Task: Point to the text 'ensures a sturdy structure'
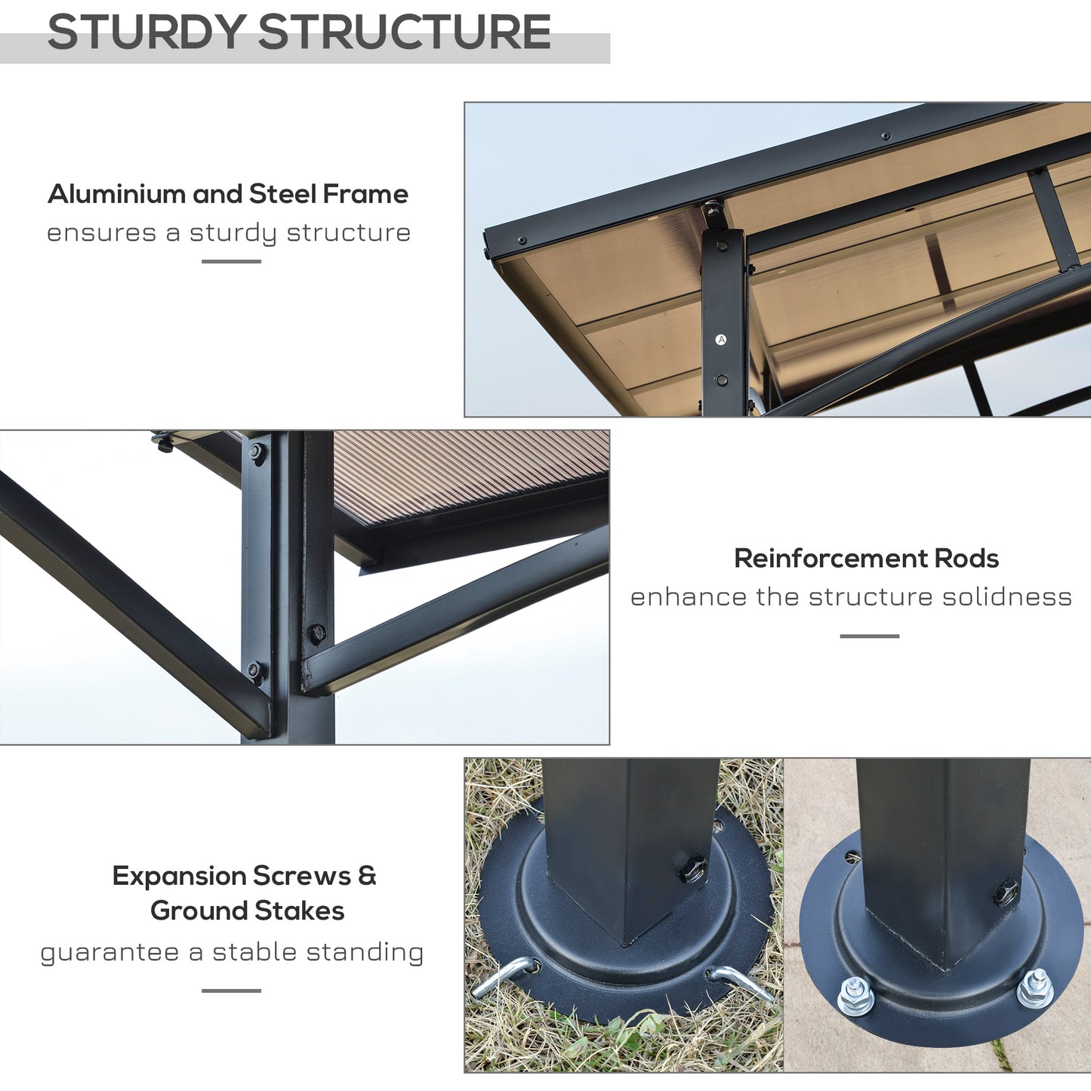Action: [x=229, y=233]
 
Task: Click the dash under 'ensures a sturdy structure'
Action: [x=231, y=261]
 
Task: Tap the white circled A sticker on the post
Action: [x=721, y=340]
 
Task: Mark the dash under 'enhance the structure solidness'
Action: [x=869, y=636]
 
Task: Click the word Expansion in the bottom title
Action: [x=179, y=876]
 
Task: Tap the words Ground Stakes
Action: [x=247, y=911]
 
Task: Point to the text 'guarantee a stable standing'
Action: [x=232, y=952]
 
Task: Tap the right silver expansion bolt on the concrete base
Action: [x=1034, y=988]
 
